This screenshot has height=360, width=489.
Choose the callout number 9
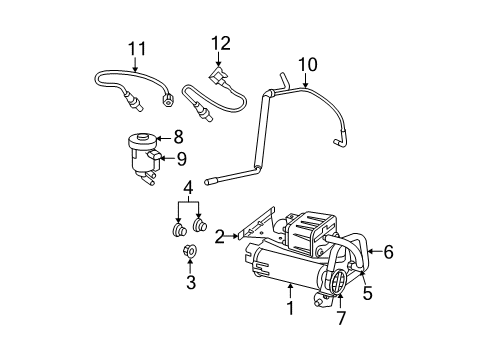(x=181, y=157)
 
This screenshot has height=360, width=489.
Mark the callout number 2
(x=219, y=235)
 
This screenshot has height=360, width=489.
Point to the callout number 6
(x=387, y=252)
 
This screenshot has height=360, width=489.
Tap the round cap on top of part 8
(x=147, y=136)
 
